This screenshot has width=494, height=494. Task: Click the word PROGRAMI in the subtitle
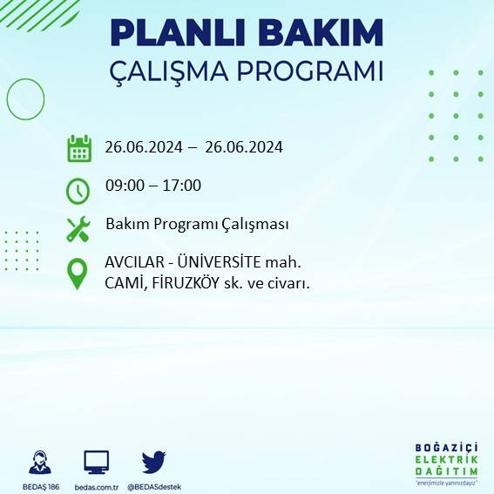tap(315, 71)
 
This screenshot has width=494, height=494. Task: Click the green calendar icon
tap(78, 148)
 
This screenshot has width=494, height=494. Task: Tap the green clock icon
tap(78, 188)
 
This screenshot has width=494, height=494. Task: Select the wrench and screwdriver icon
tap(78, 229)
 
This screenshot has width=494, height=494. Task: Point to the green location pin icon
tap(78, 273)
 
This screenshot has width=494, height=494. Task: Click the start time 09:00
tap(123, 185)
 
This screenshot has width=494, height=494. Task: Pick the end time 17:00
tap(183, 185)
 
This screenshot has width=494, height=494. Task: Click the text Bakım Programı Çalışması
tap(197, 224)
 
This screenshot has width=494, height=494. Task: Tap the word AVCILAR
tap(132, 261)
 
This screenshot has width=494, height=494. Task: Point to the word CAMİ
tap(123, 283)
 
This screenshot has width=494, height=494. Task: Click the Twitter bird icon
tap(153, 462)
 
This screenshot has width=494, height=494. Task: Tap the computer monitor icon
tap(96, 462)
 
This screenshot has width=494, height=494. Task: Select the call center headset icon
tap(39, 462)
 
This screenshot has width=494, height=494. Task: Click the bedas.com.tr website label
tap(96, 485)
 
